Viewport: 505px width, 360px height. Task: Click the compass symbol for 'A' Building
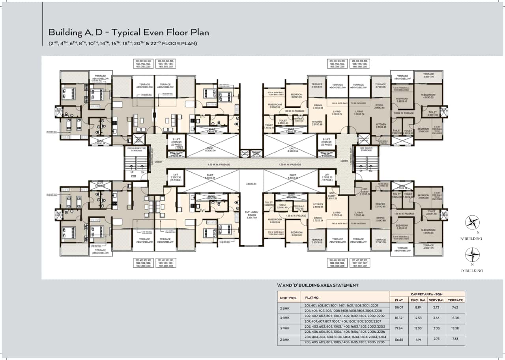pos(472,223)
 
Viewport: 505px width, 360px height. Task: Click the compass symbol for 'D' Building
pos(472,255)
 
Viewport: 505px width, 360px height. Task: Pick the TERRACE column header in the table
pos(455,300)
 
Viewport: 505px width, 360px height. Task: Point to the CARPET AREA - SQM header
pos(427,294)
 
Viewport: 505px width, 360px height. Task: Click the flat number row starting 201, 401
pos(342,306)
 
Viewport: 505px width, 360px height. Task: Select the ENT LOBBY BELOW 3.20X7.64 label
pos(251,215)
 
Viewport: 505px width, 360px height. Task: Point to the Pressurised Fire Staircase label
pos(135,150)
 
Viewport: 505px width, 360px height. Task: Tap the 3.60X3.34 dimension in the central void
pos(251,184)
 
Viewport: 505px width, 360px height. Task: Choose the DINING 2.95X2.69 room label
pos(380,219)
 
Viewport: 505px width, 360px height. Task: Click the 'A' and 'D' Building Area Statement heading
pos(318,285)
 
